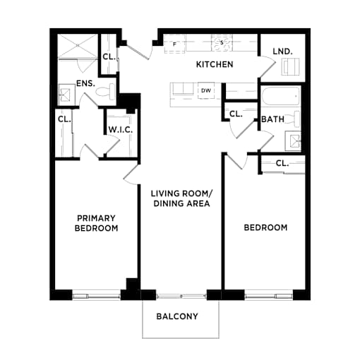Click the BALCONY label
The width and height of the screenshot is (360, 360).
[x=177, y=316]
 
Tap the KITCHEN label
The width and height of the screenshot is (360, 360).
[x=215, y=64]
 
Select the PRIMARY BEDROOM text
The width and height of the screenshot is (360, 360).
[x=96, y=223]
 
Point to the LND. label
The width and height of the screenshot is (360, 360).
[x=282, y=52]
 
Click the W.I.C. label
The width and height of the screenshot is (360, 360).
[x=121, y=130]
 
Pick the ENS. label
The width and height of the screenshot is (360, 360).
[x=85, y=83]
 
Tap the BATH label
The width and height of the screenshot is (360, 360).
[x=272, y=119]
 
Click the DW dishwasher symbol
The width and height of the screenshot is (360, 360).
[x=206, y=90]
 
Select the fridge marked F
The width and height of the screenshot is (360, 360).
[x=174, y=44]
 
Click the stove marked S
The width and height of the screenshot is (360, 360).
[x=222, y=42]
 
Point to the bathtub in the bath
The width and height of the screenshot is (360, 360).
[x=281, y=97]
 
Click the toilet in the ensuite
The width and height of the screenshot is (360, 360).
[x=105, y=92]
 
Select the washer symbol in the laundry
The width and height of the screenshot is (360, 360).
[x=291, y=67]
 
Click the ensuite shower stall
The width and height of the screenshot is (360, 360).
[x=78, y=45]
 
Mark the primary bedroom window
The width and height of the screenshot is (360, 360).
[x=96, y=295]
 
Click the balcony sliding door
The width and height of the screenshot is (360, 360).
[x=181, y=296]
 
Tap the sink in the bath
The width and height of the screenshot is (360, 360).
[x=293, y=140]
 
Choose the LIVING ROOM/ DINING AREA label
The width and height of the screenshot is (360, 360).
[x=181, y=198]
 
